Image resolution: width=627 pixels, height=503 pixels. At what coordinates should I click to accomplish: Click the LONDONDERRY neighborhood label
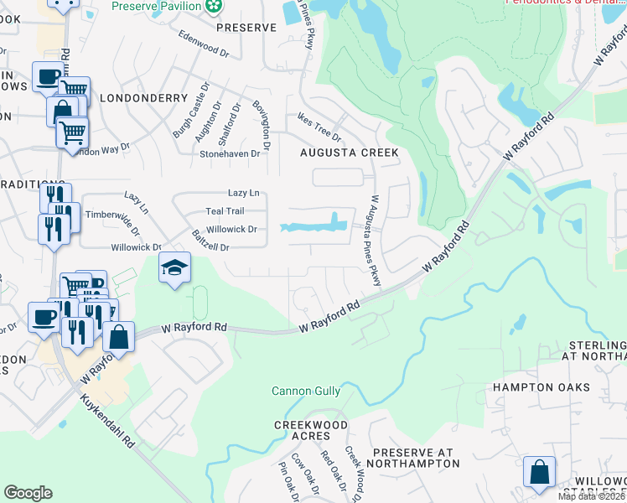(143, 98)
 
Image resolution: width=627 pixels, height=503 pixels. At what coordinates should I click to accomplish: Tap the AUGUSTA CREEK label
(350, 153)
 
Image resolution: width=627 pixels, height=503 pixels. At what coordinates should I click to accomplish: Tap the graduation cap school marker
(174, 267)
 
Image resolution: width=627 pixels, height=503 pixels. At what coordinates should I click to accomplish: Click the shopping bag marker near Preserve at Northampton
(539, 471)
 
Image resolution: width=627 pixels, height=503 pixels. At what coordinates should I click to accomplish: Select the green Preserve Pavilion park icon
(215, 7)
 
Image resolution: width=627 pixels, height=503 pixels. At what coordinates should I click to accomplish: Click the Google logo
(28, 493)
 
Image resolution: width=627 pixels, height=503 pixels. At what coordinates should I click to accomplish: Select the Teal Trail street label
(225, 211)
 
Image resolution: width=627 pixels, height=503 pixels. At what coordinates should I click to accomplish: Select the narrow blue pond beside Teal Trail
(314, 226)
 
